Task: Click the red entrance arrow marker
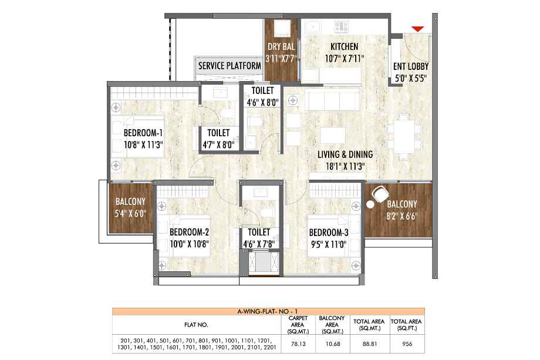[418, 29]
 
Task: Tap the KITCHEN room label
[344, 46]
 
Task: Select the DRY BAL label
[281, 46]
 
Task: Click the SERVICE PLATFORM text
[230, 66]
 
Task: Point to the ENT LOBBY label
[411, 66]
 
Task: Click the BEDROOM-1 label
[143, 133]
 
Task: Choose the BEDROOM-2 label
[189, 232]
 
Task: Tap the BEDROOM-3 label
[329, 233]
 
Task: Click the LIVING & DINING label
[345, 154]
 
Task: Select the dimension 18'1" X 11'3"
[345, 167]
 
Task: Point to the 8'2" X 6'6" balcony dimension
[402, 216]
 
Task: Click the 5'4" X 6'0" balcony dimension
[130, 214]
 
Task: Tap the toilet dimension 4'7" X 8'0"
[218, 144]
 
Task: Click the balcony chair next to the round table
[380, 194]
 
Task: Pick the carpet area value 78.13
[298, 344]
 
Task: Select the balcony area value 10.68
[333, 344]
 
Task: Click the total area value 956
[407, 344]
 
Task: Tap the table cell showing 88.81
[370, 344]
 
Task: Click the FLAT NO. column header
[196, 325]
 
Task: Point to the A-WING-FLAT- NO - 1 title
[267, 311]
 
